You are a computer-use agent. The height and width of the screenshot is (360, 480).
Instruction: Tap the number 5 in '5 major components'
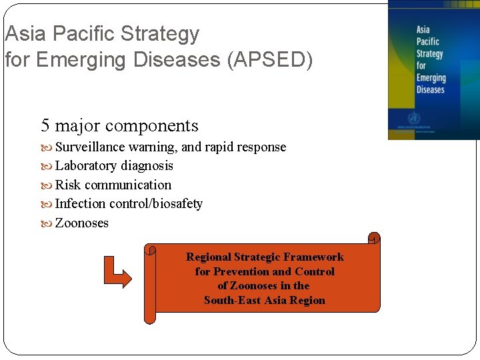click(45, 125)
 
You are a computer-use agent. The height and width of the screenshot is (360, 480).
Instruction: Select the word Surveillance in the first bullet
click(90, 147)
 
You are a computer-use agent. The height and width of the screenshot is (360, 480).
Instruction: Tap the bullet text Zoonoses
click(81, 223)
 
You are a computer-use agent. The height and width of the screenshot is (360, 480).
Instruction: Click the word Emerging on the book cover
click(431, 77)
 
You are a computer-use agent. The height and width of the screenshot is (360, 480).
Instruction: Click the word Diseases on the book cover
click(430, 89)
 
